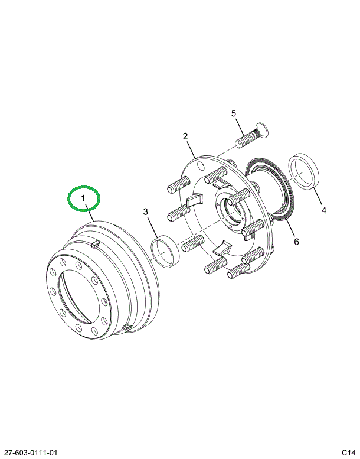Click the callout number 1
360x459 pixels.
[83, 198]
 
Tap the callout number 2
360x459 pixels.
[185, 136]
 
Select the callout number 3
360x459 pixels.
[144, 212]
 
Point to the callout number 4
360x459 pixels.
[323, 209]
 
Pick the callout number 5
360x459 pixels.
[233, 113]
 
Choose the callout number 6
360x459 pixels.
[296, 241]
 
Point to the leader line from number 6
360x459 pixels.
[287, 227]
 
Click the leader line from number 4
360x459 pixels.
[318, 194]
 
